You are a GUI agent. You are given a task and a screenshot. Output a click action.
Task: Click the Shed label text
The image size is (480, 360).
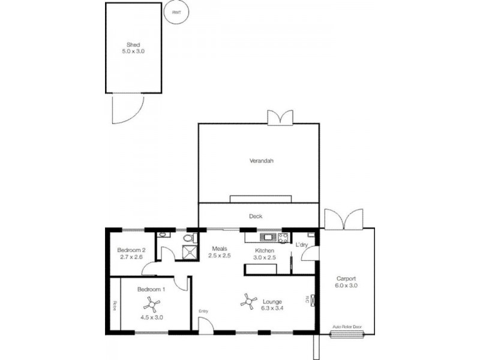click(x=133, y=44)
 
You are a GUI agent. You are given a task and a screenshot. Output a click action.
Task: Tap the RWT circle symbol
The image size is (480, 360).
click(x=176, y=13)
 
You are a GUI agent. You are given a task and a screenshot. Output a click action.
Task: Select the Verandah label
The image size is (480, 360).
click(x=262, y=161)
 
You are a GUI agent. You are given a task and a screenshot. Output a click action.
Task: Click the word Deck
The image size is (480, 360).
click(x=256, y=217)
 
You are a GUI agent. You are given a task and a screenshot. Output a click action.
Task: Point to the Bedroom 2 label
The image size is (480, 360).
click(x=131, y=250)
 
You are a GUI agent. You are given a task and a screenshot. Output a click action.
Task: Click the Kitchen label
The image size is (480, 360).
click(x=265, y=250)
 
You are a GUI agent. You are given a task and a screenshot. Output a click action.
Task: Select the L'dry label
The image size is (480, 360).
click(x=302, y=244)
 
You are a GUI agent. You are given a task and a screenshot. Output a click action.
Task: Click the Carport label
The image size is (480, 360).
click(x=346, y=278)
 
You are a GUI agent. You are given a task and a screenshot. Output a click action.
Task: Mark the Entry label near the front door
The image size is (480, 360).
click(x=203, y=311)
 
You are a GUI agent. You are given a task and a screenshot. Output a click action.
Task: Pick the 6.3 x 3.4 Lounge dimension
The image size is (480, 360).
click(x=271, y=308)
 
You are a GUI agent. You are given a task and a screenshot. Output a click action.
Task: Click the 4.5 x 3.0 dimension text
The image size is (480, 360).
click(x=151, y=317)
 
